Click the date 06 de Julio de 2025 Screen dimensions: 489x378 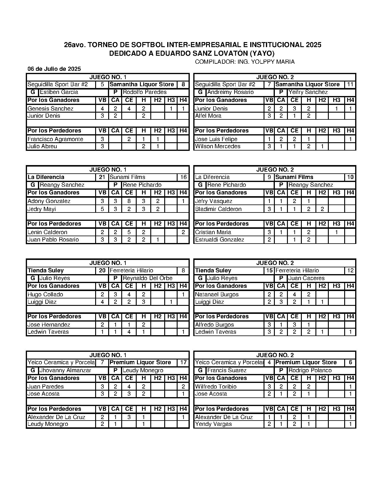54,69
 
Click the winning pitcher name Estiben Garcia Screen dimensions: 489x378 59,92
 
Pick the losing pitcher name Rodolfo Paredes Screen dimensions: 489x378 145,92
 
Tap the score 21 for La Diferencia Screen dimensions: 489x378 102,177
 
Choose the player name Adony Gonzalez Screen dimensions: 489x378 49,201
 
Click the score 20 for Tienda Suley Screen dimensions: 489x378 102,271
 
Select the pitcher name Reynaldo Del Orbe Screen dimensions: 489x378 148,278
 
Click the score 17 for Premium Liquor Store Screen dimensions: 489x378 183,362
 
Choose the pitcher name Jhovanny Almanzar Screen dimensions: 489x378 65,370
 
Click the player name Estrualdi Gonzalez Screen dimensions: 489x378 220,240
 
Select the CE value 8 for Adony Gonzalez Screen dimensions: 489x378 129,201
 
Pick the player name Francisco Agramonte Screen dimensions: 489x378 55,139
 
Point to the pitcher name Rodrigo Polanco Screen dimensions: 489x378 310,370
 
